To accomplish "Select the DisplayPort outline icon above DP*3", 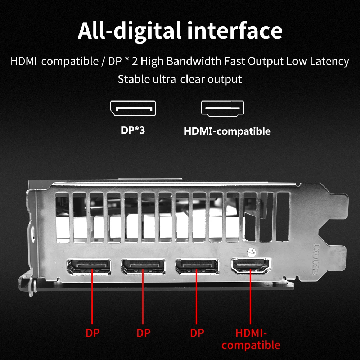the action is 133,108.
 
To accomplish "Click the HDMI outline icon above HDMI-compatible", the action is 222,108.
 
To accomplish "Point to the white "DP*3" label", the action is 133,130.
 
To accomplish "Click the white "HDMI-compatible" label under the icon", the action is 227,131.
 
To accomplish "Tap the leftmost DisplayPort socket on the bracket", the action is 89,267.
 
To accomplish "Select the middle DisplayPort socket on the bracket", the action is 143,266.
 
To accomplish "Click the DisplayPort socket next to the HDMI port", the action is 197,266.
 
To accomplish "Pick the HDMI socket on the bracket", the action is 251,266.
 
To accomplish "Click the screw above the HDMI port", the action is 252,252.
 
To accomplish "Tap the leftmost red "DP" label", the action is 93,333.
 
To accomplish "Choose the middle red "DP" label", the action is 144,333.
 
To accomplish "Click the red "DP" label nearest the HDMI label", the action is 197,333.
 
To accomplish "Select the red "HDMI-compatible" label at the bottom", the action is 251,339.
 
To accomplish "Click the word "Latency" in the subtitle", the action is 329,61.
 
